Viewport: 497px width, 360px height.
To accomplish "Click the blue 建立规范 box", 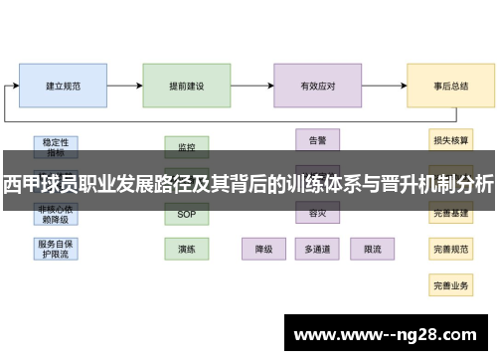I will pos(63,87).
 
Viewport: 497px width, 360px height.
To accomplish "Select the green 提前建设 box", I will pos(187,87).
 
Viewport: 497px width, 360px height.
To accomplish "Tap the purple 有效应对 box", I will pos(318,87).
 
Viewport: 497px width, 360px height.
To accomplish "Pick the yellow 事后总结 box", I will pos(450,87).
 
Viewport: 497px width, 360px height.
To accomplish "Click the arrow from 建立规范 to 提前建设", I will pos(124,87).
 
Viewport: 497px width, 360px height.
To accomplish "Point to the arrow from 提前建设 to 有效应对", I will pos(252,87).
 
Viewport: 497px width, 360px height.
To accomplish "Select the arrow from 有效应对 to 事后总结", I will pos(384,87).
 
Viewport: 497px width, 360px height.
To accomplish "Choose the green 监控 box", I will pos(187,146).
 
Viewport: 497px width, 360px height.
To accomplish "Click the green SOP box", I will pos(187,214).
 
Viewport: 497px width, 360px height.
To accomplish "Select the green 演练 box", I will pos(187,248).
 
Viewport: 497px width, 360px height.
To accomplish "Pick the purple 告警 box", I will pos(318,139).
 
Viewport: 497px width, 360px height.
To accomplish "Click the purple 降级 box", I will pos(264,248).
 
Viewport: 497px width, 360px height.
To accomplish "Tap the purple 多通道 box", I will pos(318,248).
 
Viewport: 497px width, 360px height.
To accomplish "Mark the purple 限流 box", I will pos(372,248).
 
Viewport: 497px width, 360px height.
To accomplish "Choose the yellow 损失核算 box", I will pos(450,140).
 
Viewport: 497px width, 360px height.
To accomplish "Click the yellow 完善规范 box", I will pos(450,248).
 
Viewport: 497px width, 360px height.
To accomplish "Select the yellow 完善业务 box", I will pos(450,284).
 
